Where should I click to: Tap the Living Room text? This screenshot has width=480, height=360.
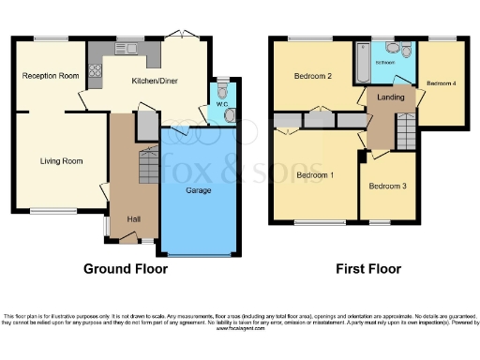(x=61, y=161)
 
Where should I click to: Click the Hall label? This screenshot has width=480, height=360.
(x=134, y=219)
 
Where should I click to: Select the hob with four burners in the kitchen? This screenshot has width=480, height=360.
(x=95, y=68)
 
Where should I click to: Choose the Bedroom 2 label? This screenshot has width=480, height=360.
(x=313, y=76)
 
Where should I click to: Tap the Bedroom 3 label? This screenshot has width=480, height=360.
(x=387, y=186)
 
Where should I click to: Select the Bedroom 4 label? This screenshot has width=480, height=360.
(x=441, y=83)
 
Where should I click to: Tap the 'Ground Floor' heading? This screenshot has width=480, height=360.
(x=126, y=269)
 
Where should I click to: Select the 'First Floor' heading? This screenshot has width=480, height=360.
(x=368, y=269)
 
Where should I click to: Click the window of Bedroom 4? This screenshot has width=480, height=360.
(x=442, y=38)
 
